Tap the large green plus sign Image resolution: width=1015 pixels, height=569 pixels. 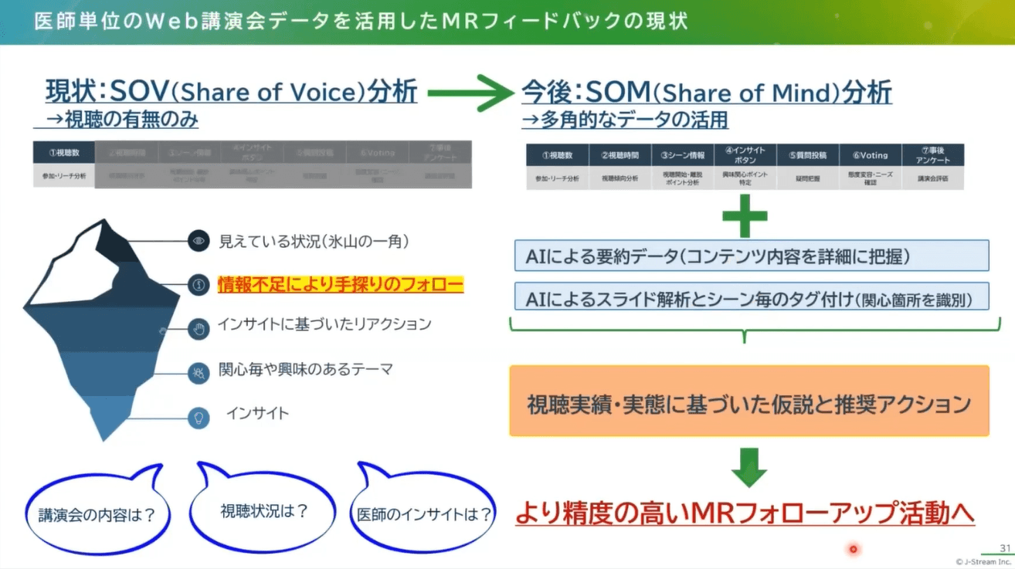click(x=745, y=215)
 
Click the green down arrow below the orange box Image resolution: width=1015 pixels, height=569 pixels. click(x=748, y=467)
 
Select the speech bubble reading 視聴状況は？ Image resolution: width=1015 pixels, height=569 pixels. click(x=263, y=511)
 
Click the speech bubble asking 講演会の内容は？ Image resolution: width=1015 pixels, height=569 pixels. click(x=97, y=514)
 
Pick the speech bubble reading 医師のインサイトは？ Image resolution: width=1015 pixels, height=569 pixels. click(x=423, y=513)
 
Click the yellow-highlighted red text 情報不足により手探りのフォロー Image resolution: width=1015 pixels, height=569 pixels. click(x=340, y=284)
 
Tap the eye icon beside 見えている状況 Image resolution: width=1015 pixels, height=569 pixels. click(x=199, y=241)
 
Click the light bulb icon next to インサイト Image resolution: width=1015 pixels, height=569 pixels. click(x=199, y=418)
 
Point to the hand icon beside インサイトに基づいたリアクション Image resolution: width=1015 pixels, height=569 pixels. click(x=199, y=330)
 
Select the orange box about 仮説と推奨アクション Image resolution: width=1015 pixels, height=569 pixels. click(x=749, y=402)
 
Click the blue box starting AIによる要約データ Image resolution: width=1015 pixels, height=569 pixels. click(x=751, y=256)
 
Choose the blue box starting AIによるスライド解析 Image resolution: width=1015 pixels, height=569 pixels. click(x=751, y=296)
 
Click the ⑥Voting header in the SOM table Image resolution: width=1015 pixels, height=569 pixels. click(x=870, y=155)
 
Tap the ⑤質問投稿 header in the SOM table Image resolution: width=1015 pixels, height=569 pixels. click(x=807, y=155)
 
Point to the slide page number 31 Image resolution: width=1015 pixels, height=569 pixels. click(x=1005, y=548)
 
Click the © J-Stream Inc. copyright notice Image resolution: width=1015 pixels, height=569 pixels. click(x=983, y=561)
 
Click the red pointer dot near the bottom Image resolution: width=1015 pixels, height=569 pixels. click(x=854, y=549)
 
